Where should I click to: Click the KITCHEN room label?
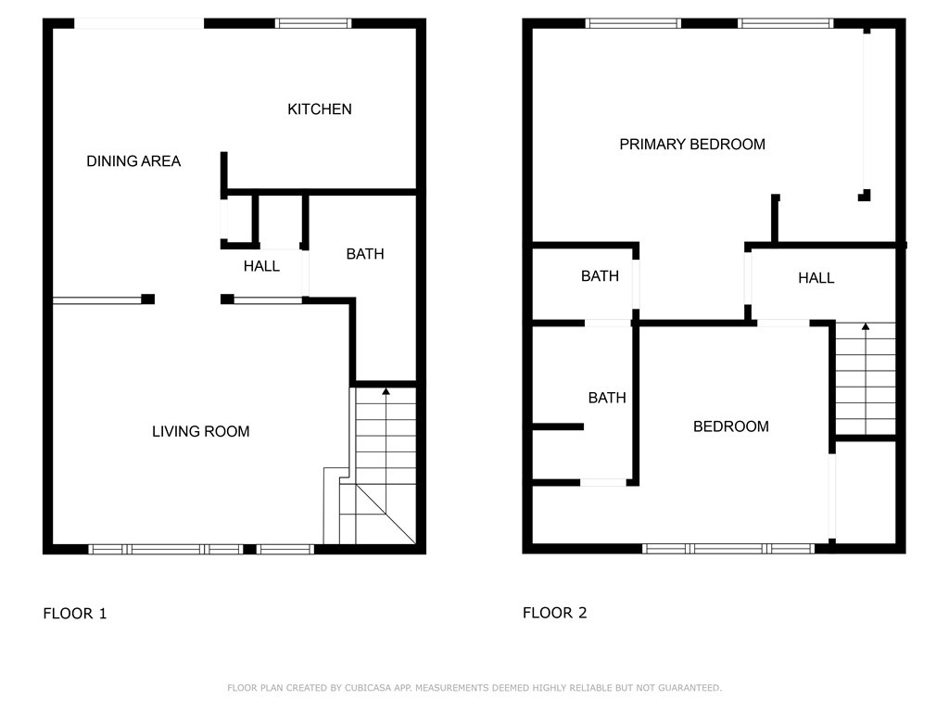[320, 109]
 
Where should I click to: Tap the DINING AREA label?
[133, 161]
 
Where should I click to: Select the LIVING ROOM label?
[200, 431]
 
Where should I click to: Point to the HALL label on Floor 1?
[261, 266]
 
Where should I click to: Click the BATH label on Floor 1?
[365, 254]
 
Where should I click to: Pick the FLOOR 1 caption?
[74, 614]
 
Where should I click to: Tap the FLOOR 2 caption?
[554, 613]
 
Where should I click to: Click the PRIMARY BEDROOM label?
[692, 144]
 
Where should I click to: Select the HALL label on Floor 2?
[816, 278]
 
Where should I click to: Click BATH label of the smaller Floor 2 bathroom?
[600, 276]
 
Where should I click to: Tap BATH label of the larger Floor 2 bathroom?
[607, 398]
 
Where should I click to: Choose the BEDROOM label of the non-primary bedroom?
[730, 426]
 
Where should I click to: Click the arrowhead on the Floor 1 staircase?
[386, 391]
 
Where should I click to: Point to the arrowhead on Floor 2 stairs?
[866, 326]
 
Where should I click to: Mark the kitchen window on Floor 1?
[313, 23]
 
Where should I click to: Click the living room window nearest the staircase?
[285, 550]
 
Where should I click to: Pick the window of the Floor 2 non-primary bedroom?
[728, 549]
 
